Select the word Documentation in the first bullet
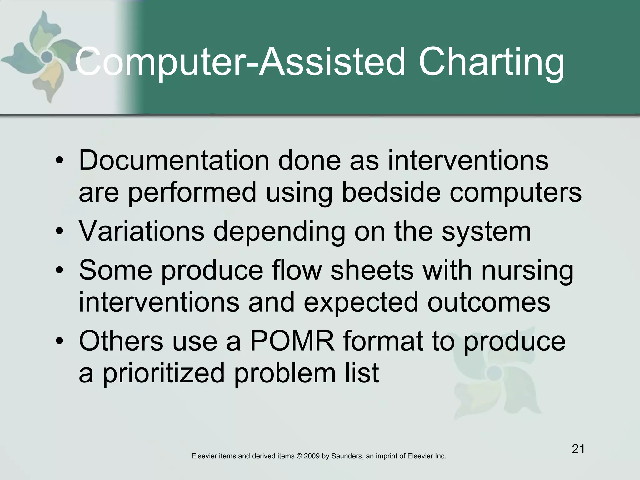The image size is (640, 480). (x=174, y=160)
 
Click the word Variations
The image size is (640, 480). (x=142, y=231)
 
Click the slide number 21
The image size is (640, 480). (x=578, y=449)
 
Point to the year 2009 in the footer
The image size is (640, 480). (x=312, y=456)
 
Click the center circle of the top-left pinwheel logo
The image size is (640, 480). (x=47, y=57)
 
